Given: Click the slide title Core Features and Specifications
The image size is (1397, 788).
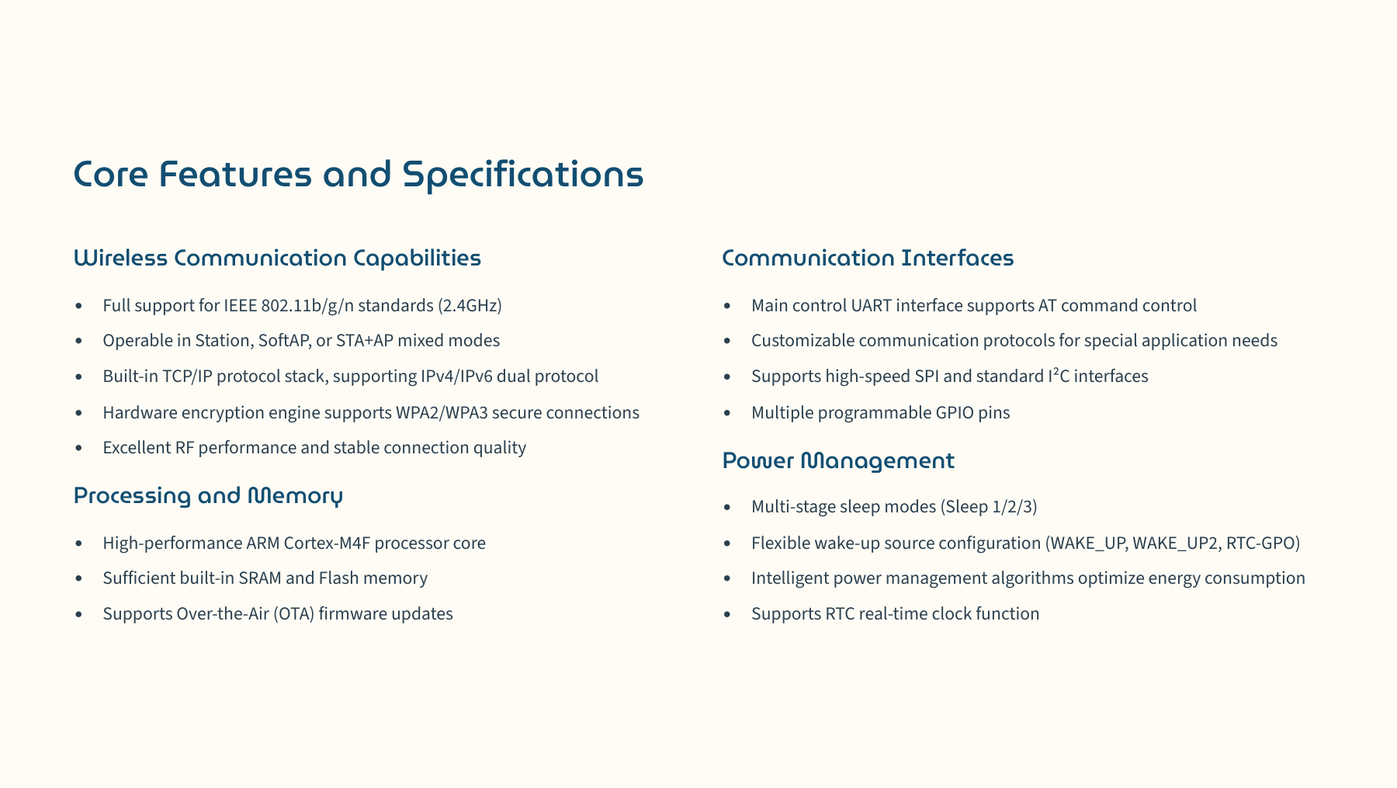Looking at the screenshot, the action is [359, 174].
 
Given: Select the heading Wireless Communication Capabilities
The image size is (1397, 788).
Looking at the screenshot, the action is [277, 258].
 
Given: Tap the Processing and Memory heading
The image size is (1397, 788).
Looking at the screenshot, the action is [208, 495].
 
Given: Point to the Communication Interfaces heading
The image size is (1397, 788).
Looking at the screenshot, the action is [868, 258].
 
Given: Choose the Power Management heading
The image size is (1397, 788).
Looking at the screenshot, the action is [838, 461].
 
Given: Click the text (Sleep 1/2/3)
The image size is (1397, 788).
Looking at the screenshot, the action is [989, 507].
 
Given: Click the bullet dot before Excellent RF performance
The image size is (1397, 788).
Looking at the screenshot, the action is [79, 449].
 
